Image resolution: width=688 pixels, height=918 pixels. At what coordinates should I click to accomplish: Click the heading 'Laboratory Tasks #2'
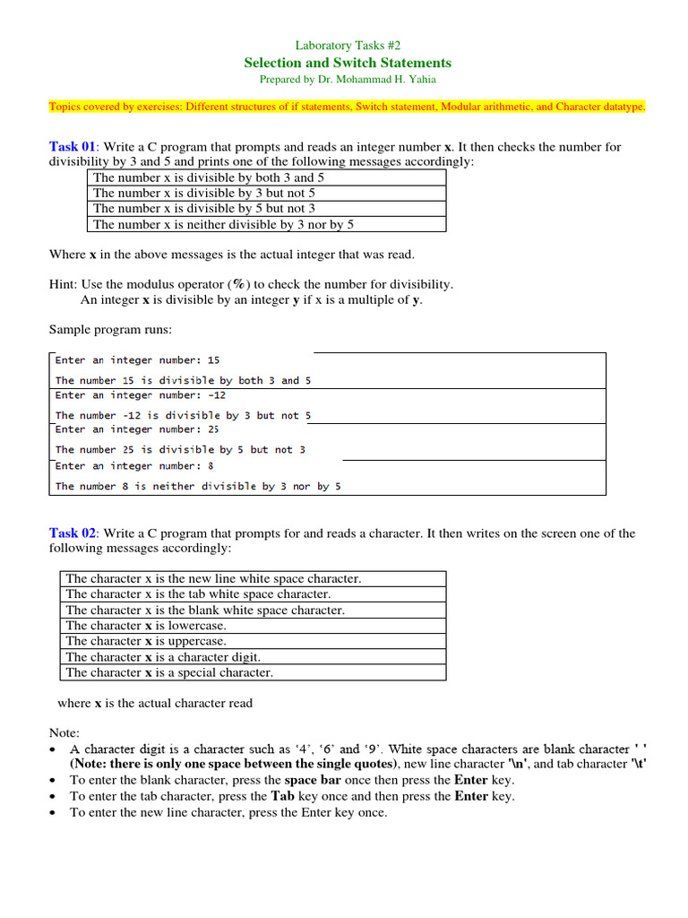tap(348, 45)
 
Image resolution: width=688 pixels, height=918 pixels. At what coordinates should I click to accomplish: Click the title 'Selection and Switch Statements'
tap(348, 62)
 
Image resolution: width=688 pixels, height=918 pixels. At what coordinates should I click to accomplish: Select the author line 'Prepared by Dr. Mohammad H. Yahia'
tap(348, 79)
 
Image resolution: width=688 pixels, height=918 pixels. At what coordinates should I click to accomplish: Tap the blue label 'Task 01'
tap(71, 147)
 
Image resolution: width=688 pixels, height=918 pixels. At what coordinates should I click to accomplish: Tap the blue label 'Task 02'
tap(71, 533)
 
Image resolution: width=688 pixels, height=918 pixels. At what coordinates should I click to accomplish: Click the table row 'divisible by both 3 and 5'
tap(209, 178)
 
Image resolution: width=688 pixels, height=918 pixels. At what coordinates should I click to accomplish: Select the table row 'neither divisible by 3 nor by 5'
tap(223, 224)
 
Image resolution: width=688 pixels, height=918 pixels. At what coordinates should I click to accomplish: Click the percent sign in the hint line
tap(238, 284)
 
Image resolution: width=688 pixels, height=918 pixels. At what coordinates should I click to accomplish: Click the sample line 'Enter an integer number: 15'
tap(137, 360)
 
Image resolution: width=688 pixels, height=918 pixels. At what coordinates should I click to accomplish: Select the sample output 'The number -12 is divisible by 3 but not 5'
tap(184, 415)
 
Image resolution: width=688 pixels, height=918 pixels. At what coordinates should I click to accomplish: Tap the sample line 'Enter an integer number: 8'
tap(134, 466)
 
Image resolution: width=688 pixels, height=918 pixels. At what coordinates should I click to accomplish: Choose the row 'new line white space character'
tap(213, 579)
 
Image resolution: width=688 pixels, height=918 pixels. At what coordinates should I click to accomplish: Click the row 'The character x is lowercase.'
tap(146, 626)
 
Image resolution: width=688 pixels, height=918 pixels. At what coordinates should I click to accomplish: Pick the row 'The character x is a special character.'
tap(169, 672)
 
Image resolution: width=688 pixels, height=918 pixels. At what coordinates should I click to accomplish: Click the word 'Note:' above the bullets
tap(64, 733)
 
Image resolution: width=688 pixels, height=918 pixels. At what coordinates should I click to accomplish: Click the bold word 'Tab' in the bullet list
tap(283, 796)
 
